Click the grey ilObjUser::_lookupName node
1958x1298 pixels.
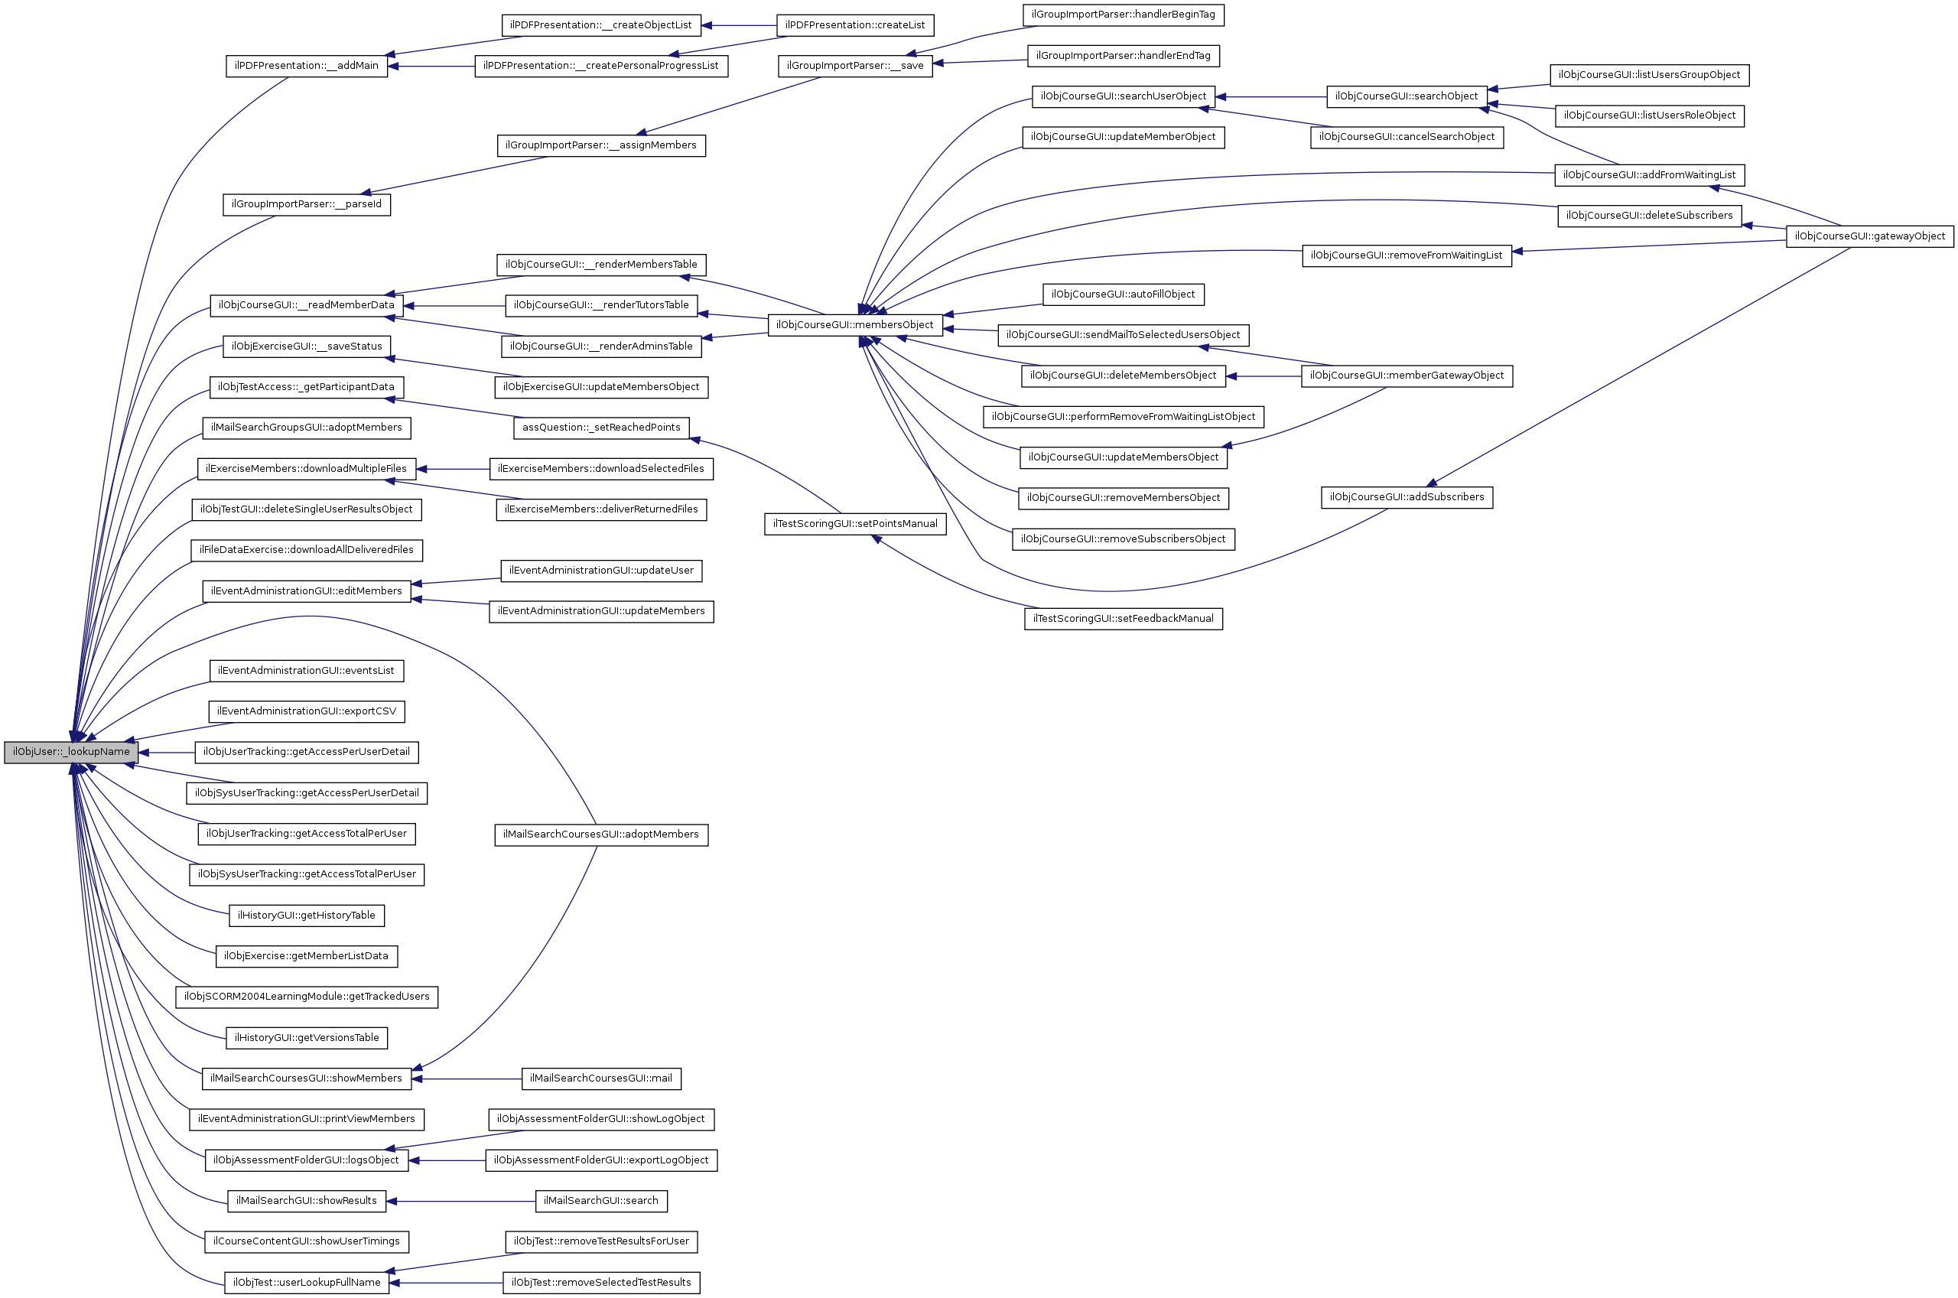point(70,753)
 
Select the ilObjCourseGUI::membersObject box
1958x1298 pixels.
point(855,325)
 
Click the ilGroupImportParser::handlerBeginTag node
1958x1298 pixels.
point(1123,15)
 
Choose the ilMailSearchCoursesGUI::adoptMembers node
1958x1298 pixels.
point(601,834)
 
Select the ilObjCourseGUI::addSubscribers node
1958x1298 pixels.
point(1406,497)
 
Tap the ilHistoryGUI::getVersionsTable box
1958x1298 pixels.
point(306,1038)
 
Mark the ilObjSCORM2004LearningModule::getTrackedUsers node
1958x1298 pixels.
point(306,997)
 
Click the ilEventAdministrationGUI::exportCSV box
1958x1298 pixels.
point(306,712)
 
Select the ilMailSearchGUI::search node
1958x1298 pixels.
point(601,1201)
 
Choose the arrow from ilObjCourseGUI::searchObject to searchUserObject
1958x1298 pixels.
point(1270,97)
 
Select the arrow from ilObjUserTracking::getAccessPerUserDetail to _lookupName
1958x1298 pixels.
point(166,753)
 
